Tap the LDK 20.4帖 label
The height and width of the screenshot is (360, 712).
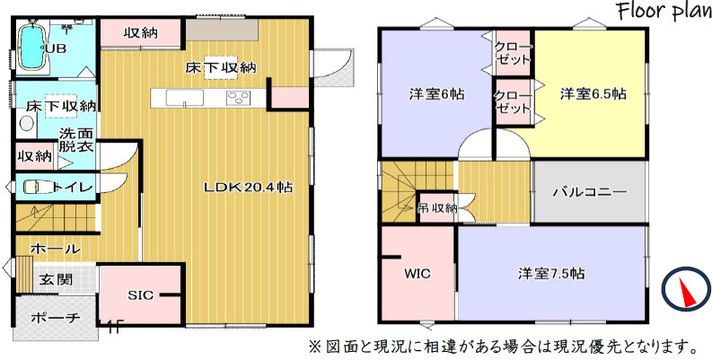(248, 188)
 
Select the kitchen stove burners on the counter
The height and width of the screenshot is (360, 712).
(238, 98)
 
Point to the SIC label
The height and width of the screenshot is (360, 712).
(140, 294)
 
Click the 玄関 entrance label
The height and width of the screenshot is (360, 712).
(56, 279)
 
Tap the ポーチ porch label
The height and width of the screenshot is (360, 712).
(56, 319)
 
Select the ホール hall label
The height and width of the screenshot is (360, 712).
(56, 249)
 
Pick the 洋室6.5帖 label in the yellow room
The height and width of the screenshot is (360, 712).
(593, 93)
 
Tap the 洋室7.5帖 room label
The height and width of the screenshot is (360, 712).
(551, 273)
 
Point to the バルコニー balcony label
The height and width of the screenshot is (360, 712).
(589, 192)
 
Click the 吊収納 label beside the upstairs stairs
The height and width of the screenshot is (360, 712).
(437, 208)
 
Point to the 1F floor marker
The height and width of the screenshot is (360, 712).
(114, 327)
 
